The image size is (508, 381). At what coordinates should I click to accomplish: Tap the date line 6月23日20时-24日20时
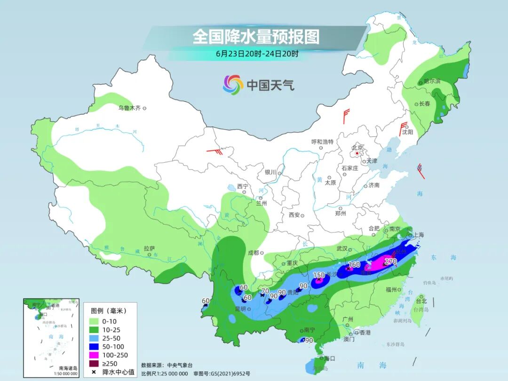tap(257, 54)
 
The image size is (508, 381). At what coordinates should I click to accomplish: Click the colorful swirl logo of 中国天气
tap(233, 85)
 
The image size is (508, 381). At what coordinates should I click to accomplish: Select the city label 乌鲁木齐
tap(129, 108)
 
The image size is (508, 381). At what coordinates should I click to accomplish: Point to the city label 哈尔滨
tap(432, 81)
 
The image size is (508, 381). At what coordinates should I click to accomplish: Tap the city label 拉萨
tap(149, 248)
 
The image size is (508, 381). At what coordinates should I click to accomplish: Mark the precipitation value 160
tap(354, 265)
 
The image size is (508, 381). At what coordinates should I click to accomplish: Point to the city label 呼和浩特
tap(322, 142)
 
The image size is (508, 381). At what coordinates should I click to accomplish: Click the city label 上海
tap(418, 235)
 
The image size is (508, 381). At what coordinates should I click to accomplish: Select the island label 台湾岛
tap(418, 310)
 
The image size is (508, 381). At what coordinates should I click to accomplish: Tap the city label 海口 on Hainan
tap(330, 358)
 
